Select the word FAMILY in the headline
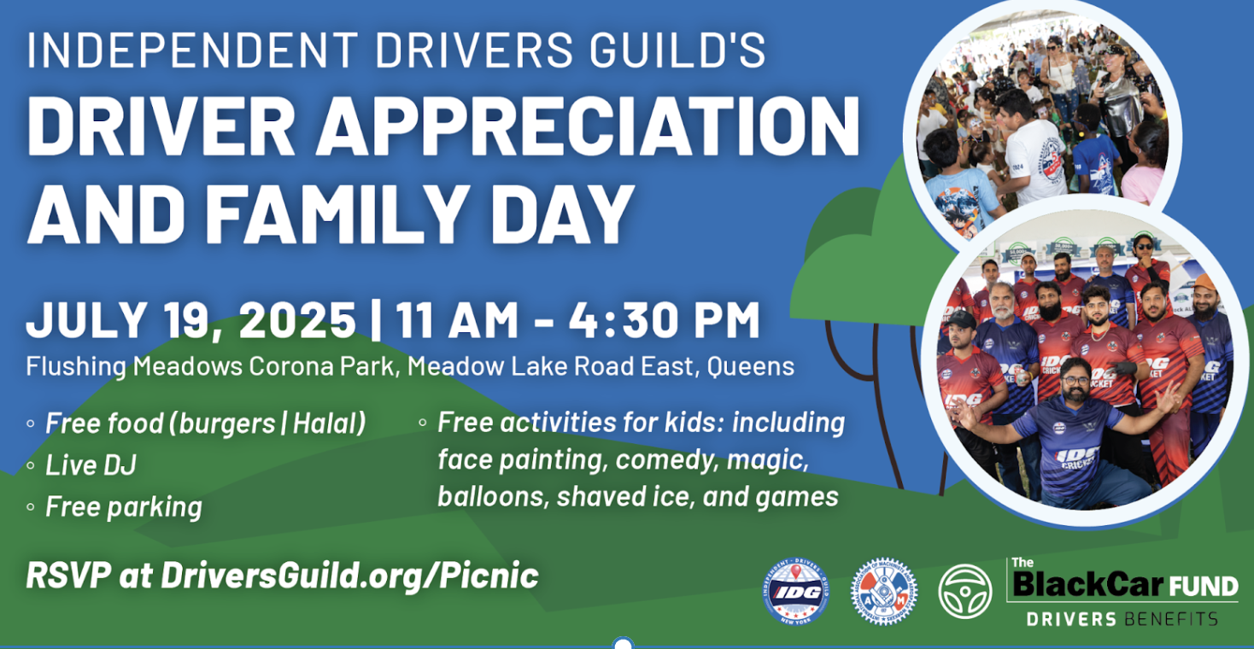point(340,214)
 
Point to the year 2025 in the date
point(297,319)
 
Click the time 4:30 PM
point(664,319)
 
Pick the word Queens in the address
point(751,367)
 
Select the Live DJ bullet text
point(91,465)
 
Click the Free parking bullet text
point(124,507)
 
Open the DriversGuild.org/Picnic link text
point(350,576)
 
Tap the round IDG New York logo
point(795,592)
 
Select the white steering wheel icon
point(965,592)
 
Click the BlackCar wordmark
point(1088,585)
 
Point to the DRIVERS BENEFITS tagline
point(1122,619)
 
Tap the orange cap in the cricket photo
point(1203,283)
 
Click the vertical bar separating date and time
point(376,320)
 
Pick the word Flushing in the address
point(76,367)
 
